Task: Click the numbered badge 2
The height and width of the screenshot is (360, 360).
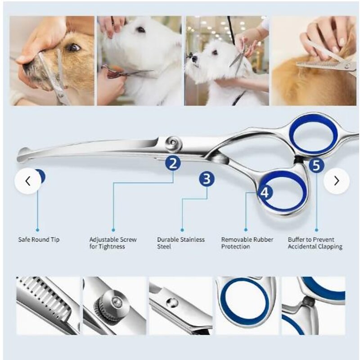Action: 172,162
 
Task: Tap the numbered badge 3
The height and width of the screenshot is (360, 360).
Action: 207,179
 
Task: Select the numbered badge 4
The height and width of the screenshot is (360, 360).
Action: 265,193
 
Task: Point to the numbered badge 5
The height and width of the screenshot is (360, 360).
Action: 316,165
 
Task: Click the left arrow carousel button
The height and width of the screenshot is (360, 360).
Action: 28,181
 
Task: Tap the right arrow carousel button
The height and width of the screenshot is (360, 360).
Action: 336,181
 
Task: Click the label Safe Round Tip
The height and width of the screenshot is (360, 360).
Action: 39,240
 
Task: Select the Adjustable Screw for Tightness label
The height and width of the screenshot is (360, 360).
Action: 112,243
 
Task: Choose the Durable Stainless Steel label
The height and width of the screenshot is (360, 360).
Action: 180,243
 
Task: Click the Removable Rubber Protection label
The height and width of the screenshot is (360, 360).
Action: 247,243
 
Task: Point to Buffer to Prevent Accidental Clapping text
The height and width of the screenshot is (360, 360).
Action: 315,243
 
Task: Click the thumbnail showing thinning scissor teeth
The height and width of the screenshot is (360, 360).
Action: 48,306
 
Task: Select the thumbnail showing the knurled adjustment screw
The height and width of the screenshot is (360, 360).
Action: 114,306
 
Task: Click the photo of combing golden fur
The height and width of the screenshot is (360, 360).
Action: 313,61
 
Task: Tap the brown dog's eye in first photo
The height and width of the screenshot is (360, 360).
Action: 72,47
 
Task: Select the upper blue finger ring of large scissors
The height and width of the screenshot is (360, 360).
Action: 313,134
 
